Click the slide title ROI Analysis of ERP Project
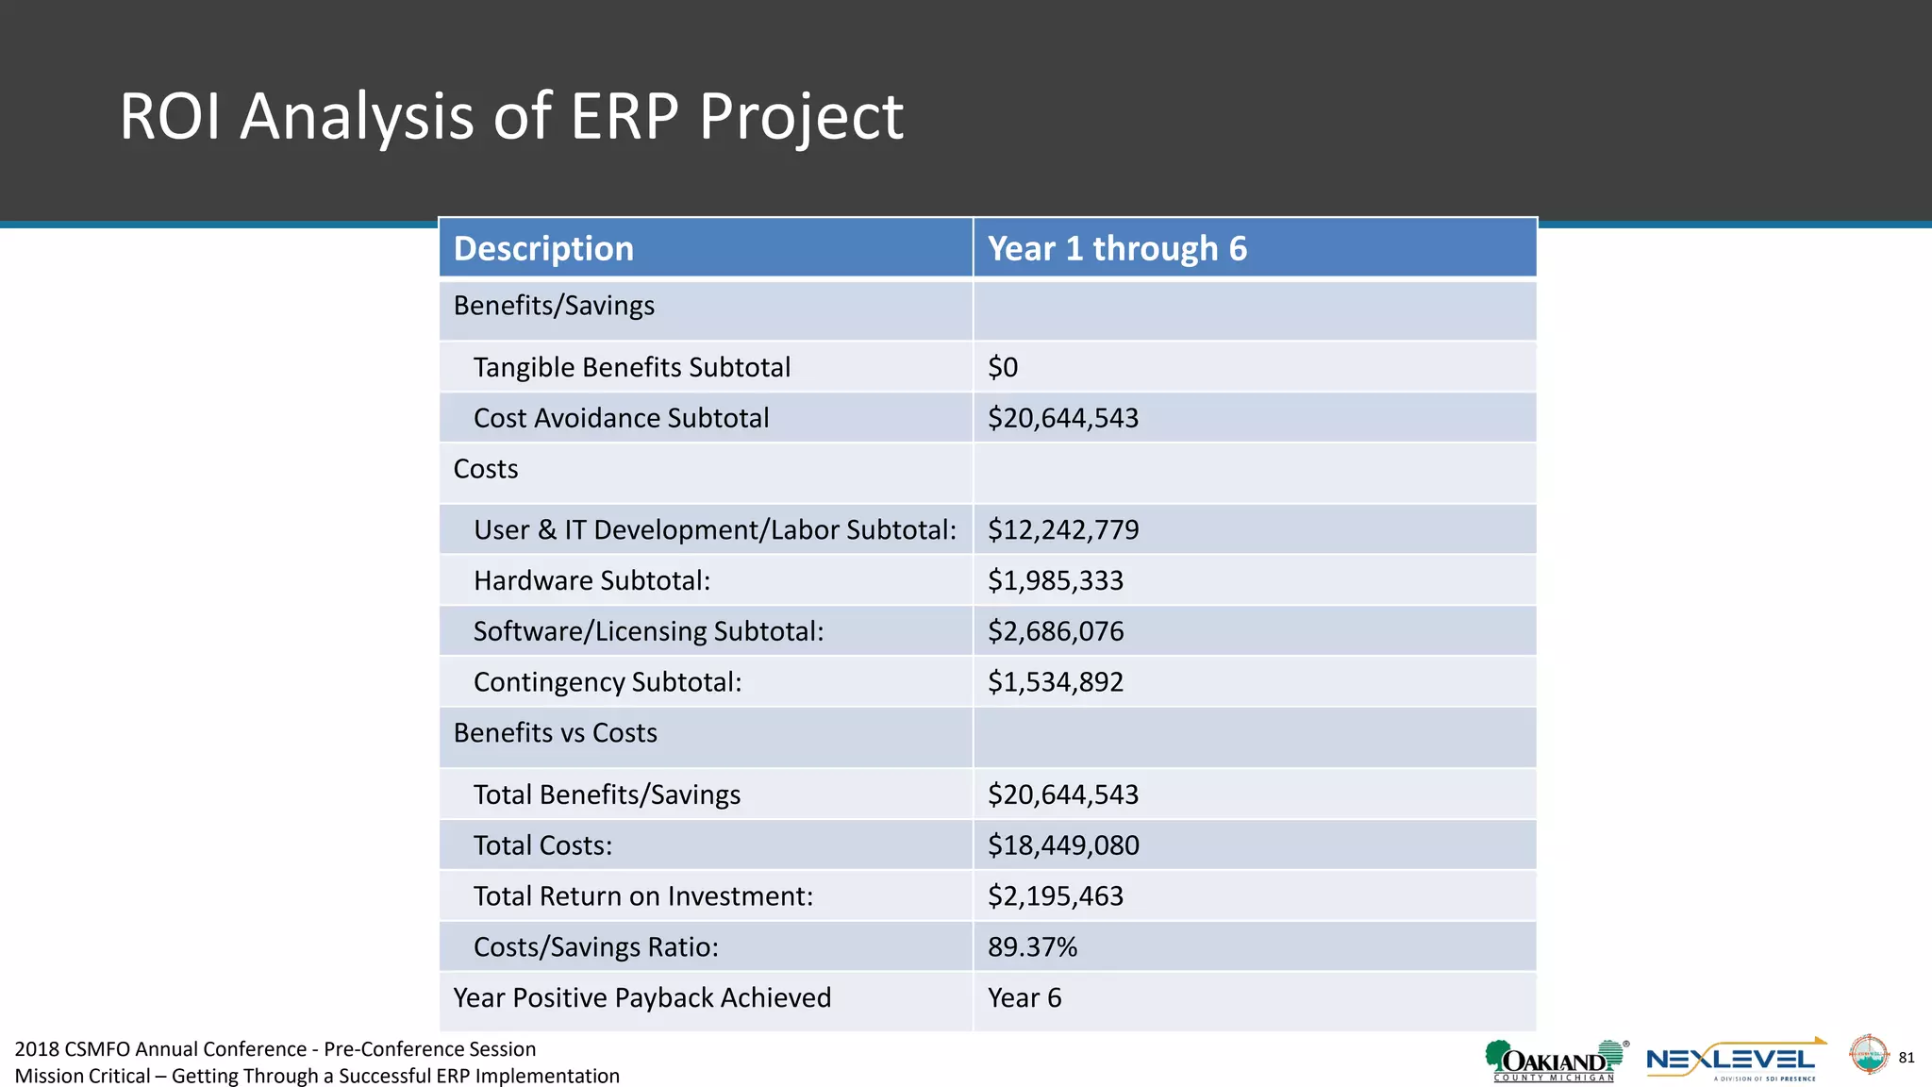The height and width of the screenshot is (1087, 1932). click(x=510, y=117)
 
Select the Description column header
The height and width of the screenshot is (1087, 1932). click(x=543, y=248)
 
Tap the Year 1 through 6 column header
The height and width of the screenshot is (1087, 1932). click(x=1117, y=248)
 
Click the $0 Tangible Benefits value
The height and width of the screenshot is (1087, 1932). click(x=1003, y=367)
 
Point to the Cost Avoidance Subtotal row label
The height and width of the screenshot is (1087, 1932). click(x=621, y=418)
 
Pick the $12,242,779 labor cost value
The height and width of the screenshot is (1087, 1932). click(x=1063, y=529)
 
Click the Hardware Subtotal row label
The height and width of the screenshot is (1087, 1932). click(x=591, y=580)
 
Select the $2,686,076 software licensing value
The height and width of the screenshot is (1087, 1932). click(x=1056, y=631)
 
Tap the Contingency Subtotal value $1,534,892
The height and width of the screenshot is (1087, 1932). click(x=1056, y=682)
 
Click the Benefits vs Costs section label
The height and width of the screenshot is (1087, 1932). click(x=555, y=733)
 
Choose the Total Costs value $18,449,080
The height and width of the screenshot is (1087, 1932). click(x=1063, y=845)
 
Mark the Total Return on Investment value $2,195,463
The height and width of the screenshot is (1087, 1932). click(x=1056, y=896)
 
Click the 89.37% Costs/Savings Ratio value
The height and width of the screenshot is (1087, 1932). click(x=1032, y=947)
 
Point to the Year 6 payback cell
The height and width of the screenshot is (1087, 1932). click(x=1024, y=998)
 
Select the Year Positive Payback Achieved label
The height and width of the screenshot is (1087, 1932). click(x=641, y=998)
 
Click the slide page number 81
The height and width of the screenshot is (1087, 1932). click(x=1906, y=1058)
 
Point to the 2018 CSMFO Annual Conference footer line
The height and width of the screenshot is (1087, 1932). click(x=275, y=1049)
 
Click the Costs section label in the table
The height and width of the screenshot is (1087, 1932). click(x=486, y=469)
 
